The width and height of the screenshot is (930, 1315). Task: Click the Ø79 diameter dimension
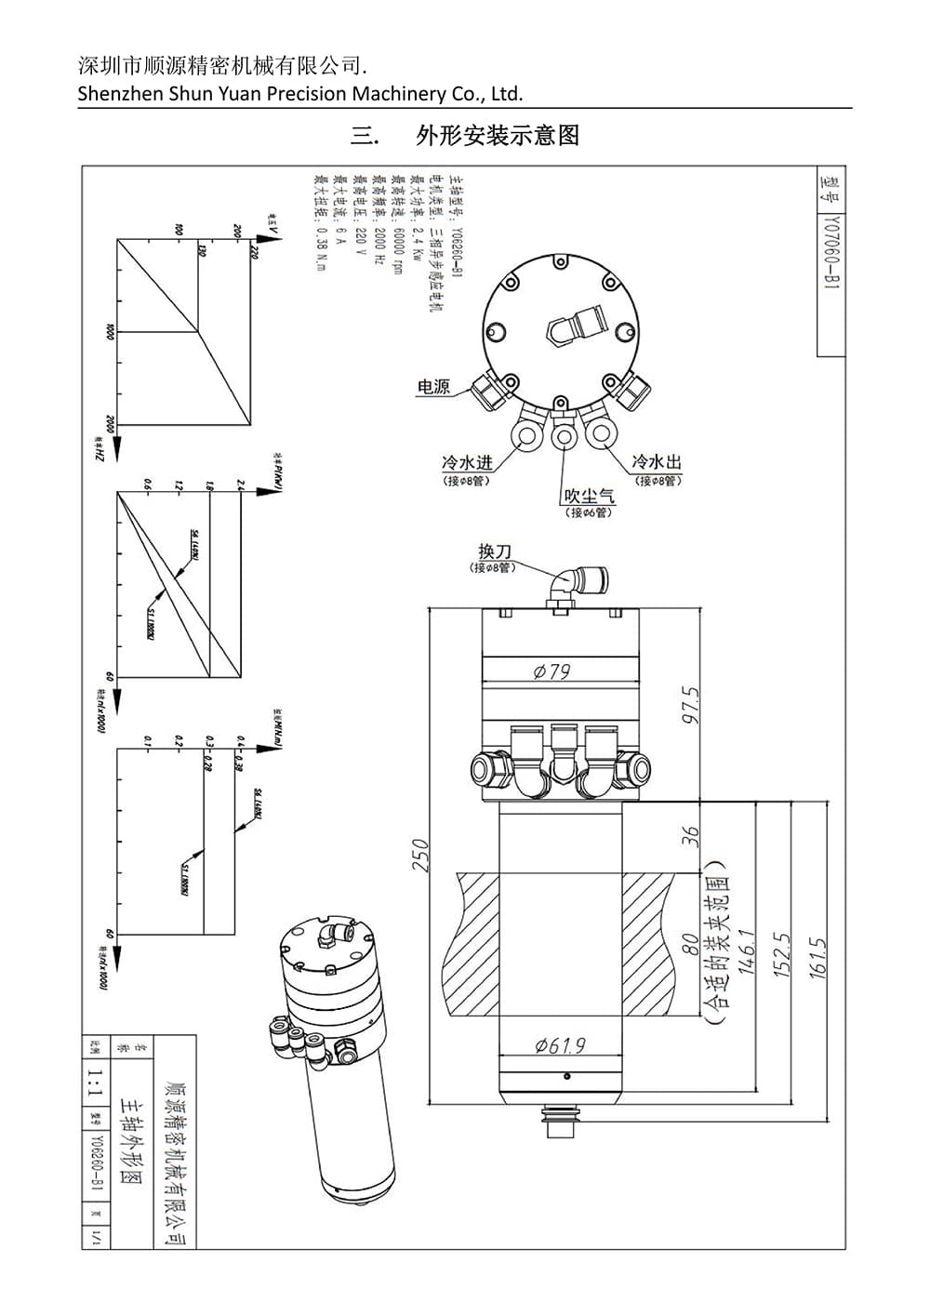click(x=552, y=671)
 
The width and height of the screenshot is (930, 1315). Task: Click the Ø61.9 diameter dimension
click(x=560, y=1045)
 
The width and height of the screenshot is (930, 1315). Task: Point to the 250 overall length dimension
click(x=420, y=856)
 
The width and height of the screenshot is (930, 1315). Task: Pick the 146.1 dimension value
click(x=746, y=952)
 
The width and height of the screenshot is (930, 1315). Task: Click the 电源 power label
click(x=433, y=387)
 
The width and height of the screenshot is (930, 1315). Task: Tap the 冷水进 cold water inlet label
click(x=466, y=462)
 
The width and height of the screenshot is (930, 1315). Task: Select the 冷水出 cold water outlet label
click(x=657, y=461)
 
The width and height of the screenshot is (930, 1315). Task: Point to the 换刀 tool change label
click(x=495, y=551)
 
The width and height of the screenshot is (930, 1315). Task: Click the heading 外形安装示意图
click(x=498, y=136)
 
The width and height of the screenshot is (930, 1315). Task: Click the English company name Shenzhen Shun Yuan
click(x=300, y=93)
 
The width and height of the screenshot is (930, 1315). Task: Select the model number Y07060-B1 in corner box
click(x=831, y=255)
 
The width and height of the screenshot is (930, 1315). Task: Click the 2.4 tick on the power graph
click(x=240, y=485)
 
